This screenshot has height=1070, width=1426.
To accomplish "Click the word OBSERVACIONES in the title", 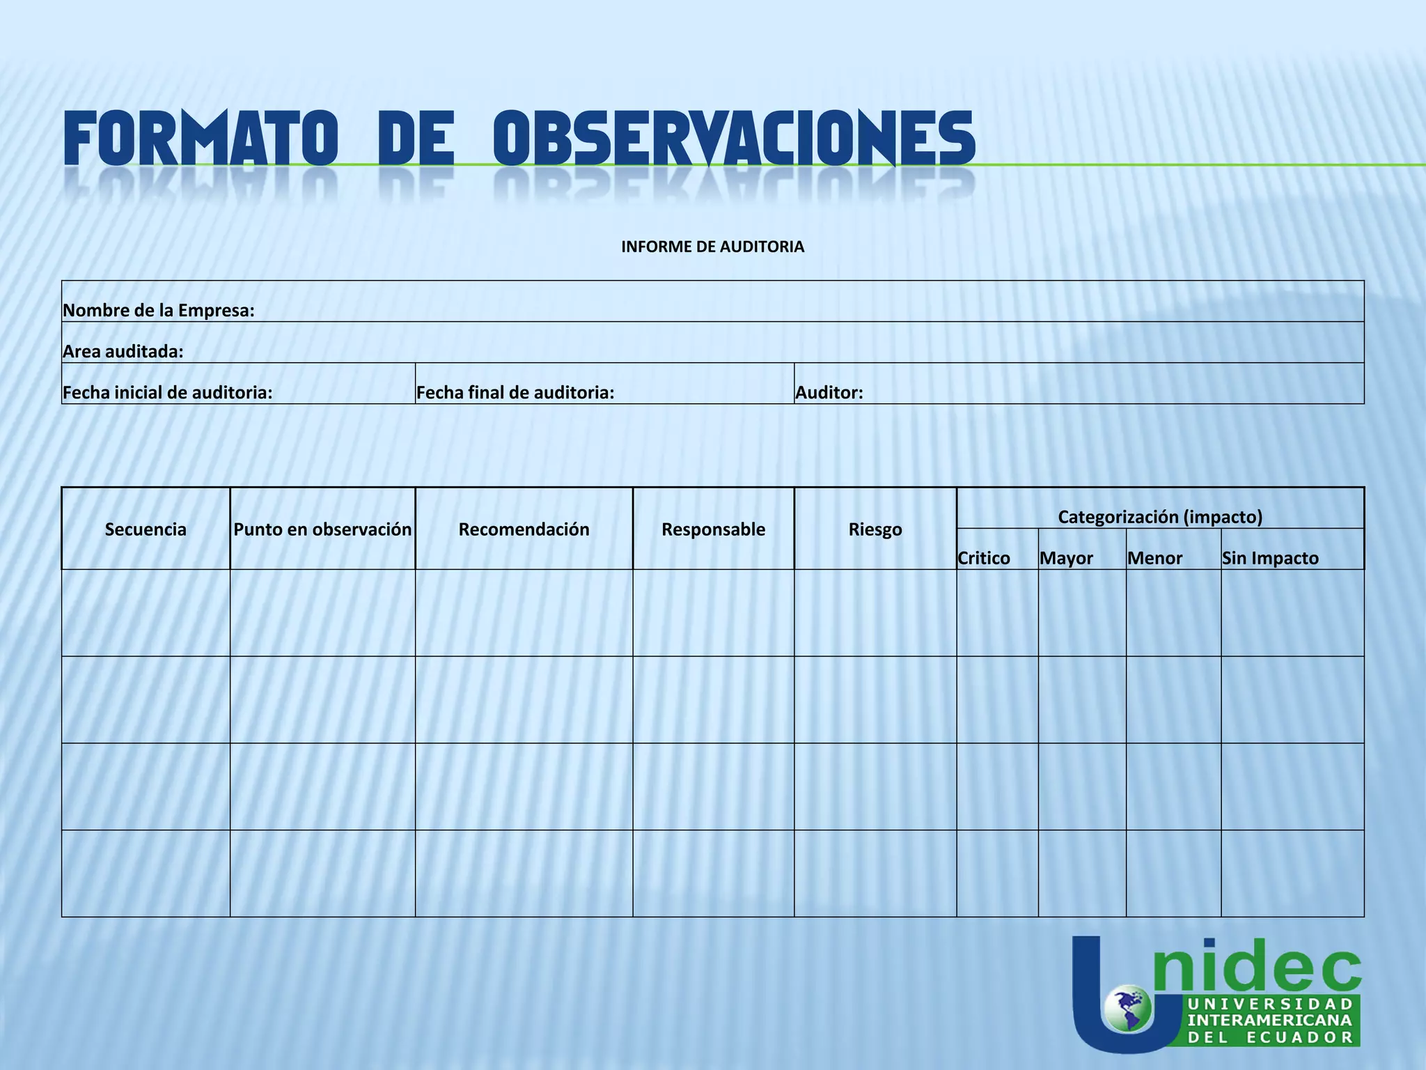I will (x=734, y=139).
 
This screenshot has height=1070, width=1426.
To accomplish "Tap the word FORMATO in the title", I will (x=201, y=139).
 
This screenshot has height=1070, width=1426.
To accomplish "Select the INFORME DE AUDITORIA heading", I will (x=712, y=247).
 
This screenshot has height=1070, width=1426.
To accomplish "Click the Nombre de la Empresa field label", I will (x=159, y=311).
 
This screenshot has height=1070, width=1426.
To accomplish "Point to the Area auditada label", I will (x=123, y=352).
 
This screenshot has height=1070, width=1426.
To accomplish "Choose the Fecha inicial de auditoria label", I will (x=168, y=393).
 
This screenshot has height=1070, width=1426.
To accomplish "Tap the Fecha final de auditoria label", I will (x=515, y=393).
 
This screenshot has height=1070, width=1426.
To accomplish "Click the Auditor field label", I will (x=829, y=393).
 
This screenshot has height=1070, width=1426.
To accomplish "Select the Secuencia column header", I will (x=146, y=529).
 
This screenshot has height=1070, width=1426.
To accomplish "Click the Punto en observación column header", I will (x=322, y=529).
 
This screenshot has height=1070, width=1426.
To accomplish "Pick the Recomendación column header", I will (x=524, y=529).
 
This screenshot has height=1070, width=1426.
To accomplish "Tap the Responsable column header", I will (x=713, y=529).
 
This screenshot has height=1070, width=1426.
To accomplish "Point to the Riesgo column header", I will (x=875, y=529).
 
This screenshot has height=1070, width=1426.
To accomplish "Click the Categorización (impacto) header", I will (x=1160, y=517).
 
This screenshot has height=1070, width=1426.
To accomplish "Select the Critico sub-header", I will (x=984, y=558).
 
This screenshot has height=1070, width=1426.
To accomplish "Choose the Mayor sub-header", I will (x=1066, y=558).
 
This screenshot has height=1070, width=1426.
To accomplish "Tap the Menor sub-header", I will (x=1154, y=558).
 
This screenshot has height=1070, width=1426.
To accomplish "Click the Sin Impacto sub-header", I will (x=1270, y=558).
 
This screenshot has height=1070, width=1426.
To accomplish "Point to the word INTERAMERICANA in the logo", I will (x=1270, y=1020).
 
